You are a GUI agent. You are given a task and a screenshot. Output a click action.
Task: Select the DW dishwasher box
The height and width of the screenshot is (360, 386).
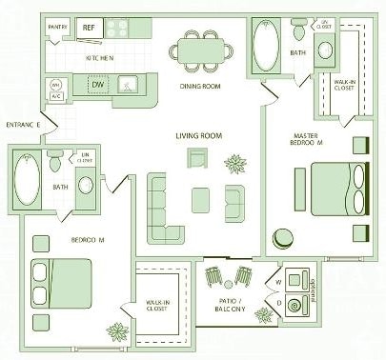pyautogui.click(x=96, y=85)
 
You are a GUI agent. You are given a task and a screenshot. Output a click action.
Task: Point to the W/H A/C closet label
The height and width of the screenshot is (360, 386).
pyautogui.click(x=55, y=90)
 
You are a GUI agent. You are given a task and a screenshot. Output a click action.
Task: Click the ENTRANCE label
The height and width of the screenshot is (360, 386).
pyautogui.click(x=22, y=125)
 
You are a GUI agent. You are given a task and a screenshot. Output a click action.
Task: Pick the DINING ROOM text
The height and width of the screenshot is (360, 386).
pyautogui.click(x=200, y=87)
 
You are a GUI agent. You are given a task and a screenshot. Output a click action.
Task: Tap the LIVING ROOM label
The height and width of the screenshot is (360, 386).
pyautogui.click(x=198, y=136)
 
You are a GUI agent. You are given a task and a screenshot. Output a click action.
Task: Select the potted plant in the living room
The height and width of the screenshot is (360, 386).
pyautogui.click(x=234, y=163)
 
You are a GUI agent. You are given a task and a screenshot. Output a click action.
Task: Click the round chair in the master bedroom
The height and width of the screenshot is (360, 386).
pyautogui.click(x=283, y=237)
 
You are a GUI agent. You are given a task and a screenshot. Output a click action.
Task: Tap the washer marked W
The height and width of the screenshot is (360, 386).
pyautogui.click(x=295, y=282)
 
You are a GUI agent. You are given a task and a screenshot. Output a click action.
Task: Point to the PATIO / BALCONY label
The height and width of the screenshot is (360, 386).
pyautogui.click(x=230, y=305)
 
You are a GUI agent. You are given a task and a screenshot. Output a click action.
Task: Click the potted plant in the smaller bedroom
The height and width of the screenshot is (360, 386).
pyautogui.click(x=117, y=332)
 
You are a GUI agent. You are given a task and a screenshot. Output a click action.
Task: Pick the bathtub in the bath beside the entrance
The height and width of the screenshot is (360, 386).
pyautogui.click(x=26, y=181)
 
